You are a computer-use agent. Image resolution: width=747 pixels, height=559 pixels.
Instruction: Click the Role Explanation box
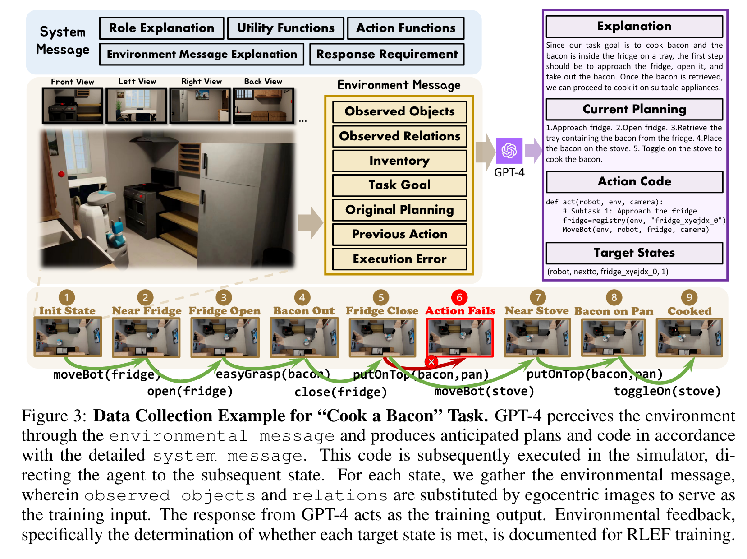[161, 28]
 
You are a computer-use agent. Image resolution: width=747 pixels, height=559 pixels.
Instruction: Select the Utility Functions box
[286, 28]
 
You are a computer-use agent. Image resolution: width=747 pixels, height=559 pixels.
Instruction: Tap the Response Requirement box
[387, 55]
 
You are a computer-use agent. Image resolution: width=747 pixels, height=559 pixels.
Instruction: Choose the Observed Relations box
[399, 136]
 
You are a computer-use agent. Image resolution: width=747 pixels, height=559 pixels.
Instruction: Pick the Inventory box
[399, 161]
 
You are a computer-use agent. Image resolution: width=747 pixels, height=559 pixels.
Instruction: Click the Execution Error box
[399, 259]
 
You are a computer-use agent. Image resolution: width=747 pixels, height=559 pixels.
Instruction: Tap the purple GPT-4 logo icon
[509, 151]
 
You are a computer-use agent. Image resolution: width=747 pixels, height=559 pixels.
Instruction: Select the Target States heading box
[634, 253]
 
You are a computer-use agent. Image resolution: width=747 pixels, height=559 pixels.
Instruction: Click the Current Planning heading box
[634, 110]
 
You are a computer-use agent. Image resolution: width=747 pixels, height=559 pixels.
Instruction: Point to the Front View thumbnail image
[73, 106]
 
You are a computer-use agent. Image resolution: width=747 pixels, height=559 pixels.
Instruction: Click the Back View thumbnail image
[263, 106]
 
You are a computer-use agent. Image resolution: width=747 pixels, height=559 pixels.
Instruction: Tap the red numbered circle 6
[459, 297]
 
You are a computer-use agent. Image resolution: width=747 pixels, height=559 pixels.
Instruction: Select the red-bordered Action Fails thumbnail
[460, 337]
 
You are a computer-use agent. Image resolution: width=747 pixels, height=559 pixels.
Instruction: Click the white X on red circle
[431, 362]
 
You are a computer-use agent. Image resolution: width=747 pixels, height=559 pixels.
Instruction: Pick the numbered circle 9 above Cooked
[689, 297]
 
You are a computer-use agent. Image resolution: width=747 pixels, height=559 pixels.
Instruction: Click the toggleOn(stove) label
[667, 391]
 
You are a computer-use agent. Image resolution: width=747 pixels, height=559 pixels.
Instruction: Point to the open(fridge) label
[190, 391]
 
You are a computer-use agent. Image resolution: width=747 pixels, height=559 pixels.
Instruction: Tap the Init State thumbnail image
[68, 337]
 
